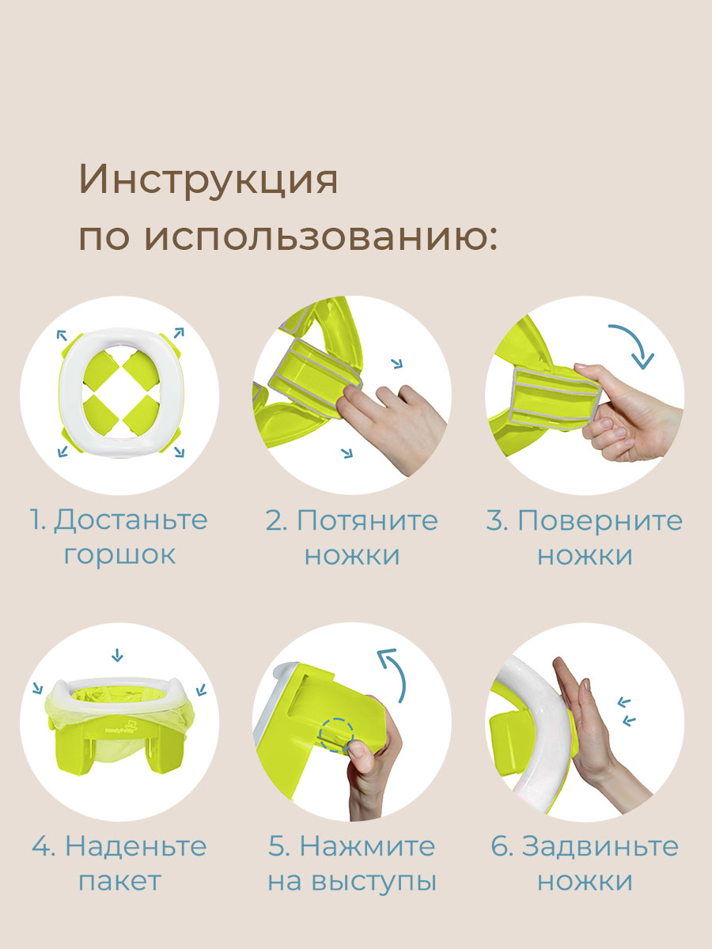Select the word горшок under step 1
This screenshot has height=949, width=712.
(x=119, y=554)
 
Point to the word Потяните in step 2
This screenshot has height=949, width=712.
(x=367, y=520)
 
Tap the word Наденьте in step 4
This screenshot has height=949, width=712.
(x=135, y=845)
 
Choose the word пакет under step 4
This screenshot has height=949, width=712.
(x=119, y=880)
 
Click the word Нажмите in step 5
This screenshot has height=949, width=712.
(x=367, y=845)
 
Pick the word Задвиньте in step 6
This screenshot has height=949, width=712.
(x=600, y=845)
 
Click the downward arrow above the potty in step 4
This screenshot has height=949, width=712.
(x=118, y=654)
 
